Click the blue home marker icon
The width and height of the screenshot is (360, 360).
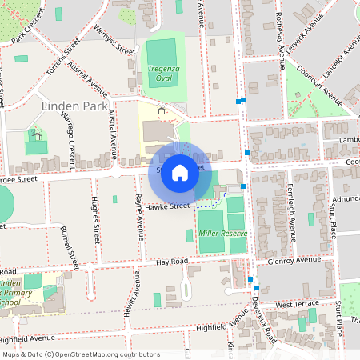pyautogui.click(x=180, y=172)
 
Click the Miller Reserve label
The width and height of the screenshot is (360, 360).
pyautogui.click(x=222, y=233)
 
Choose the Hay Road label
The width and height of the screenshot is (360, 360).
pyautogui.click(x=171, y=262)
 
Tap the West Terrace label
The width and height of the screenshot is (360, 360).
pyautogui.click(x=297, y=305)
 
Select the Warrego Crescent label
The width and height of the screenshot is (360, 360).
pyautogui.click(x=66, y=139)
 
